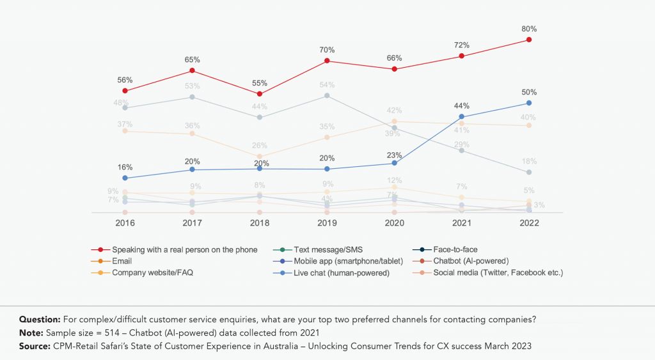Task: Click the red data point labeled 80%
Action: point(528,40)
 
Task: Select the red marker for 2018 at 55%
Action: point(259,94)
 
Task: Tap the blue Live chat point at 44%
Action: point(461,116)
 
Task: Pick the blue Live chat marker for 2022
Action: point(528,103)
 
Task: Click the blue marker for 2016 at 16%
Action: point(125,178)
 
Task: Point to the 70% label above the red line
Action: point(327,50)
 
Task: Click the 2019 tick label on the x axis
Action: point(327,223)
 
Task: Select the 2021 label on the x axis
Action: point(461,223)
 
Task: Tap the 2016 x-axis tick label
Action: point(125,223)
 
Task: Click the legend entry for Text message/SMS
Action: point(324,249)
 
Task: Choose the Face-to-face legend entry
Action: point(455,249)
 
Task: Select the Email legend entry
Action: point(122,261)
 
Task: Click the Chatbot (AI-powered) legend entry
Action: point(470,261)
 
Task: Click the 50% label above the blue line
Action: point(529,92)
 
